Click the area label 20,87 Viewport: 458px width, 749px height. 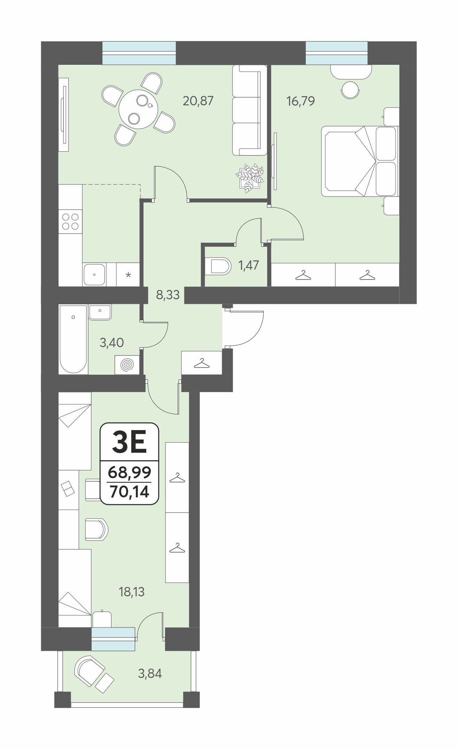point(198,101)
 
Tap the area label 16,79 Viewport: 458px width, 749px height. point(300,101)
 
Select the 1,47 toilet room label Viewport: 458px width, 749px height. point(249,265)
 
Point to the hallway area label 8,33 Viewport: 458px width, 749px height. point(168,295)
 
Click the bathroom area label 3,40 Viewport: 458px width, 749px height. point(111,343)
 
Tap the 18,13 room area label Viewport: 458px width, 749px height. point(132,592)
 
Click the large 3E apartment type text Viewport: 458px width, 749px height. point(129,443)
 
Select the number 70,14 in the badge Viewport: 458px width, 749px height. point(129,492)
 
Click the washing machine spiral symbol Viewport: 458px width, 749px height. point(127,365)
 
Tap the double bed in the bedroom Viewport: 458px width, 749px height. point(359,162)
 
